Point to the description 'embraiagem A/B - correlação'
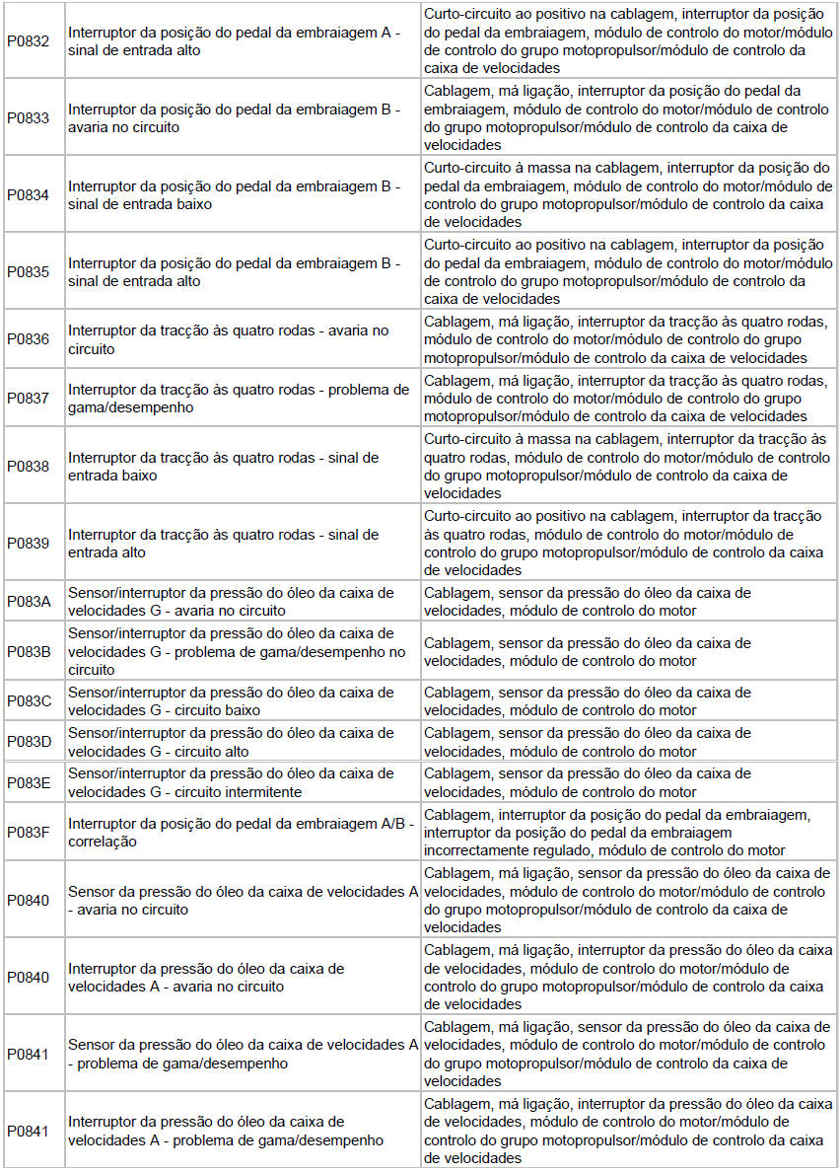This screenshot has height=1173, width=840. pyautogui.click(x=242, y=833)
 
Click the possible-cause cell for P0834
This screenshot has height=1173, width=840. pyautogui.click(x=628, y=194)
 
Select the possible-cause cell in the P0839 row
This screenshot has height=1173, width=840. pyautogui.click(x=628, y=542)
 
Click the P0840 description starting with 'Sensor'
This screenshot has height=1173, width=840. pyautogui.click(x=243, y=900)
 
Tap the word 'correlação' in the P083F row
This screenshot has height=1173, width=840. pyautogui.click(x=103, y=843)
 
